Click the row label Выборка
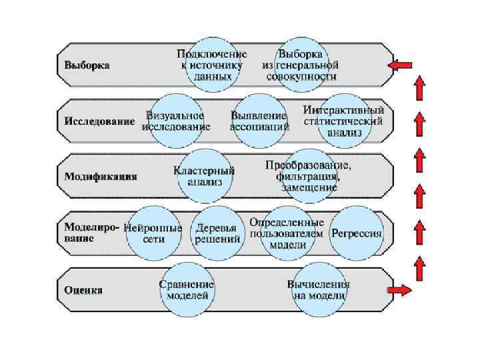87,66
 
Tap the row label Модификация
101,177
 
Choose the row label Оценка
83,290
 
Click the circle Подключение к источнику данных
211,65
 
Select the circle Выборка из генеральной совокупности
301,65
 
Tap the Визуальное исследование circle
176,121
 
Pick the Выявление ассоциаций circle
259,121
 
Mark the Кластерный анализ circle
204,176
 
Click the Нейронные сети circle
153,233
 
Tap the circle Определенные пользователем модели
287,233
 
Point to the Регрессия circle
357,233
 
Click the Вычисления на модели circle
319,289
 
